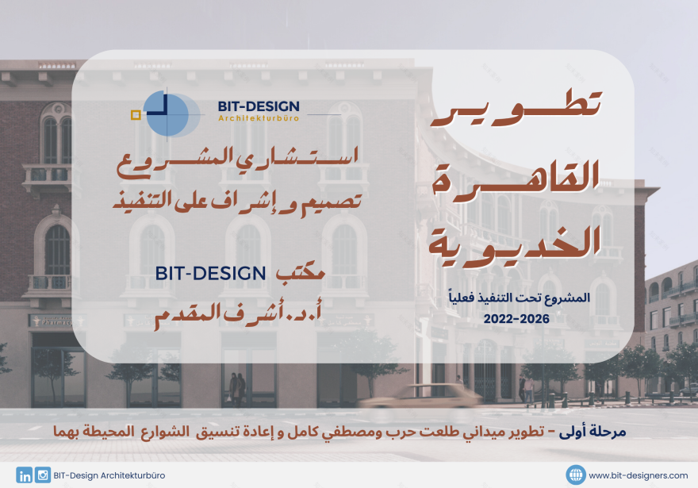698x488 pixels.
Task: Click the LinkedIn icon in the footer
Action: pyautogui.click(x=25, y=475)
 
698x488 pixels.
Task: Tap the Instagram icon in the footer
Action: pyautogui.click(x=43, y=475)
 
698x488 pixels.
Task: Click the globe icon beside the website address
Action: pyautogui.click(x=576, y=475)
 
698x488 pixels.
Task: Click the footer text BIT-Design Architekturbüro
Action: pyautogui.click(x=110, y=476)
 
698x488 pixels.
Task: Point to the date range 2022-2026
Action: pyautogui.click(x=516, y=317)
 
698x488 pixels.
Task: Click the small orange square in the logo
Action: pyautogui.click(x=136, y=115)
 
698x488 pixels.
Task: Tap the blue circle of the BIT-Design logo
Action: pyautogui.click(x=167, y=114)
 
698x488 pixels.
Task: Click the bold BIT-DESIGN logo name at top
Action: pyautogui.click(x=259, y=106)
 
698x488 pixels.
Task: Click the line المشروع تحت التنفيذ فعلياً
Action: pyautogui.click(x=516, y=298)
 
